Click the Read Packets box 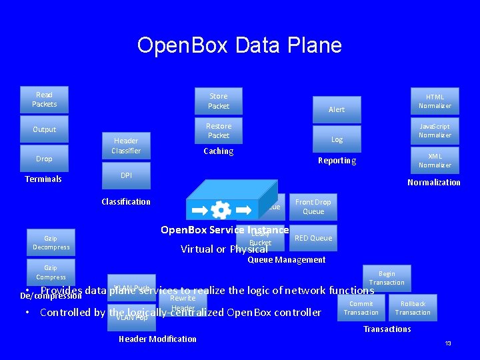44,99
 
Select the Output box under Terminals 44,129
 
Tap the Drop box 44,159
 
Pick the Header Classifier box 126,145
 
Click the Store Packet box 218,101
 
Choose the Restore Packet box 218,131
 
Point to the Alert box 337,109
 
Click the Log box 337,139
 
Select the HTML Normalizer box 435,101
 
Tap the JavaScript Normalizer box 435,131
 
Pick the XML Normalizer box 435,161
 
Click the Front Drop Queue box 313,207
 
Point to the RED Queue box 313,238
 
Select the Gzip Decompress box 51,243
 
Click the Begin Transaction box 387,277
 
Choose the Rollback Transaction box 413,308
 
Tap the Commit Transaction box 361,308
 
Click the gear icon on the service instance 221,210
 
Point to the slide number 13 448,343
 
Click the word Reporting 337,161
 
